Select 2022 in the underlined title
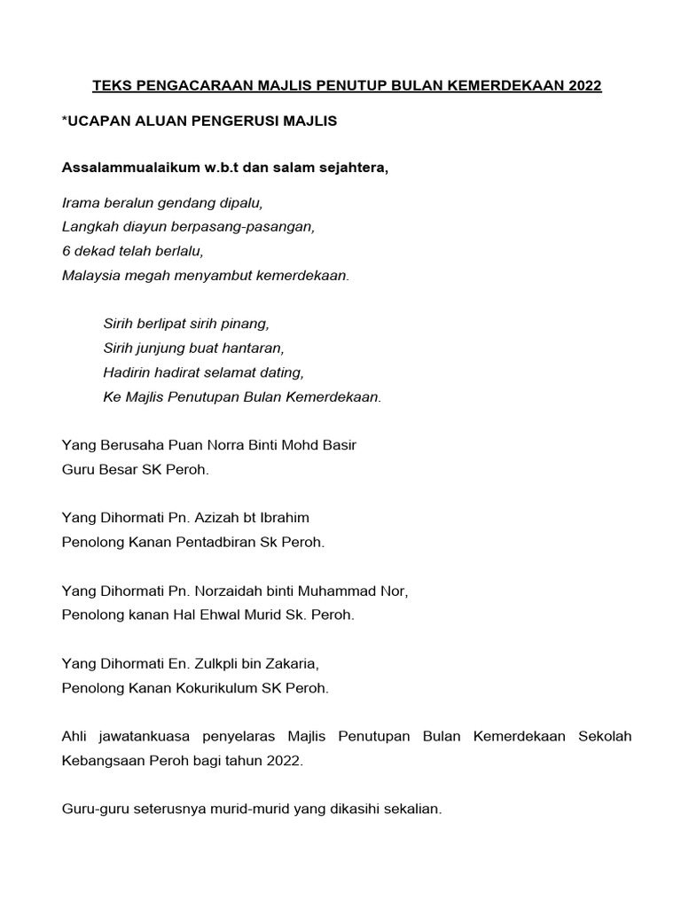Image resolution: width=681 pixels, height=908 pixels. pyautogui.click(x=582, y=86)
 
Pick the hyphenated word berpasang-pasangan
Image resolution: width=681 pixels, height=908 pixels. pyautogui.click(x=251, y=227)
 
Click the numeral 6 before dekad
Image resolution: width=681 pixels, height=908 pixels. pyautogui.click(x=67, y=251)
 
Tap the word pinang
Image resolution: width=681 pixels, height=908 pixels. pyautogui.click(x=246, y=325)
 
